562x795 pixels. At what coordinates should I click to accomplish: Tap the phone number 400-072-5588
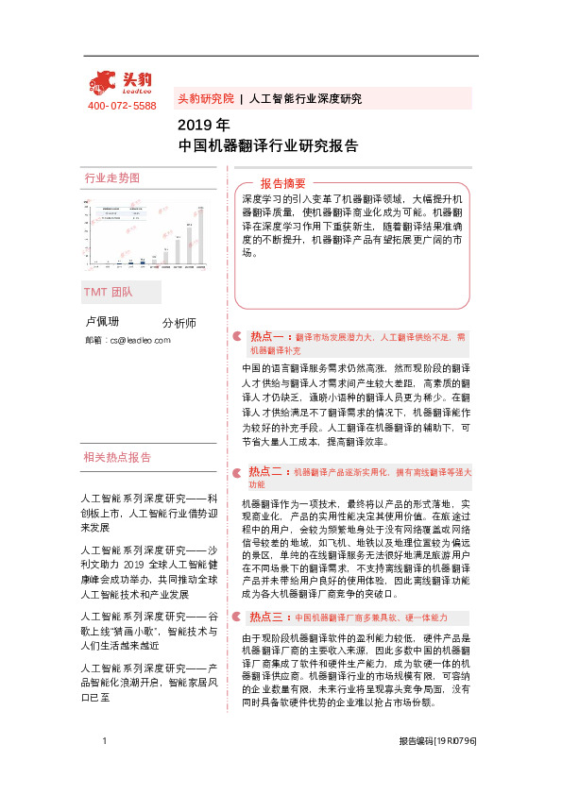[122, 106]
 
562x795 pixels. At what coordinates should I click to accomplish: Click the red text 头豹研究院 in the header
[205, 98]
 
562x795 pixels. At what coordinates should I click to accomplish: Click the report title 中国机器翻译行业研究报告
[267, 145]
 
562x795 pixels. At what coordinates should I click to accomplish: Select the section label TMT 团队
[108, 292]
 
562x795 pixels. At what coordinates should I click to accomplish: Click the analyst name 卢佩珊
[102, 322]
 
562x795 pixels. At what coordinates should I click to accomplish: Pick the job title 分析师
[179, 323]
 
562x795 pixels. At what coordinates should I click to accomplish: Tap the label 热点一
[268, 335]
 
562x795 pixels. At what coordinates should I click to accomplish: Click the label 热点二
[268, 470]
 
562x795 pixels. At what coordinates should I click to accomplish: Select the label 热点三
[268, 617]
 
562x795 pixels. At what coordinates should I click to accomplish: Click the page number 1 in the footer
[103, 769]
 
